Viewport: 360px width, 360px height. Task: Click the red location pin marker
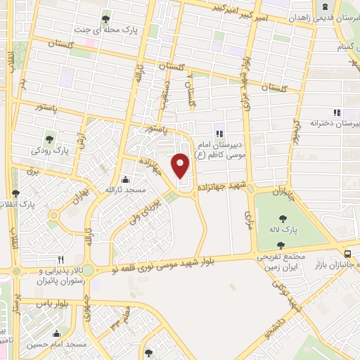coord(181,165)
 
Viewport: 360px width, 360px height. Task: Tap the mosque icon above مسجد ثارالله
coord(125,179)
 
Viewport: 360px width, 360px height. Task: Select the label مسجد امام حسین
coord(57,345)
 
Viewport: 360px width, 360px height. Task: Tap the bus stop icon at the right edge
coord(348,255)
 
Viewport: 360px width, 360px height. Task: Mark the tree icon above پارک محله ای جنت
coord(106,19)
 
